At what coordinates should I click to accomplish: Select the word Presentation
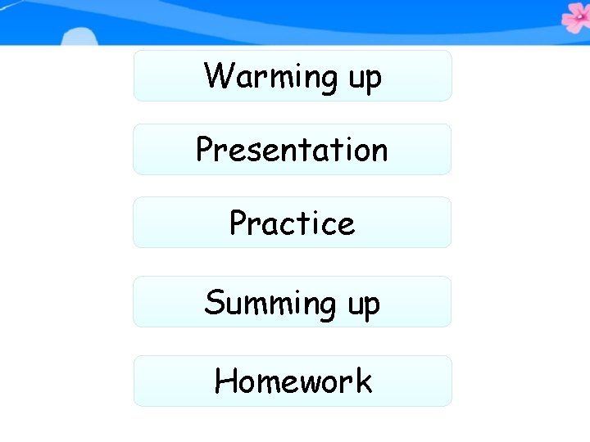(292, 150)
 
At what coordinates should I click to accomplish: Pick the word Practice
(292, 223)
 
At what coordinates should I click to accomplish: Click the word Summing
(268, 304)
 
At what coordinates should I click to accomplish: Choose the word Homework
(293, 381)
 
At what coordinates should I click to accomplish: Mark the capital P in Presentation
(205, 150)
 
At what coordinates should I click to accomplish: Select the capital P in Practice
(238, 223)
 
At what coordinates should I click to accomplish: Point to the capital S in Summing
(214, 302)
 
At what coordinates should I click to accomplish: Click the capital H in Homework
(225, 381)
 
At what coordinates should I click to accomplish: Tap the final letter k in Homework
(363, 381)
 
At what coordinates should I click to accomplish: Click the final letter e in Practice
(346, 225)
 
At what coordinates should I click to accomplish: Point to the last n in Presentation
(378, 152)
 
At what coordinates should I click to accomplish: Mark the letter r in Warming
(255, 79)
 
